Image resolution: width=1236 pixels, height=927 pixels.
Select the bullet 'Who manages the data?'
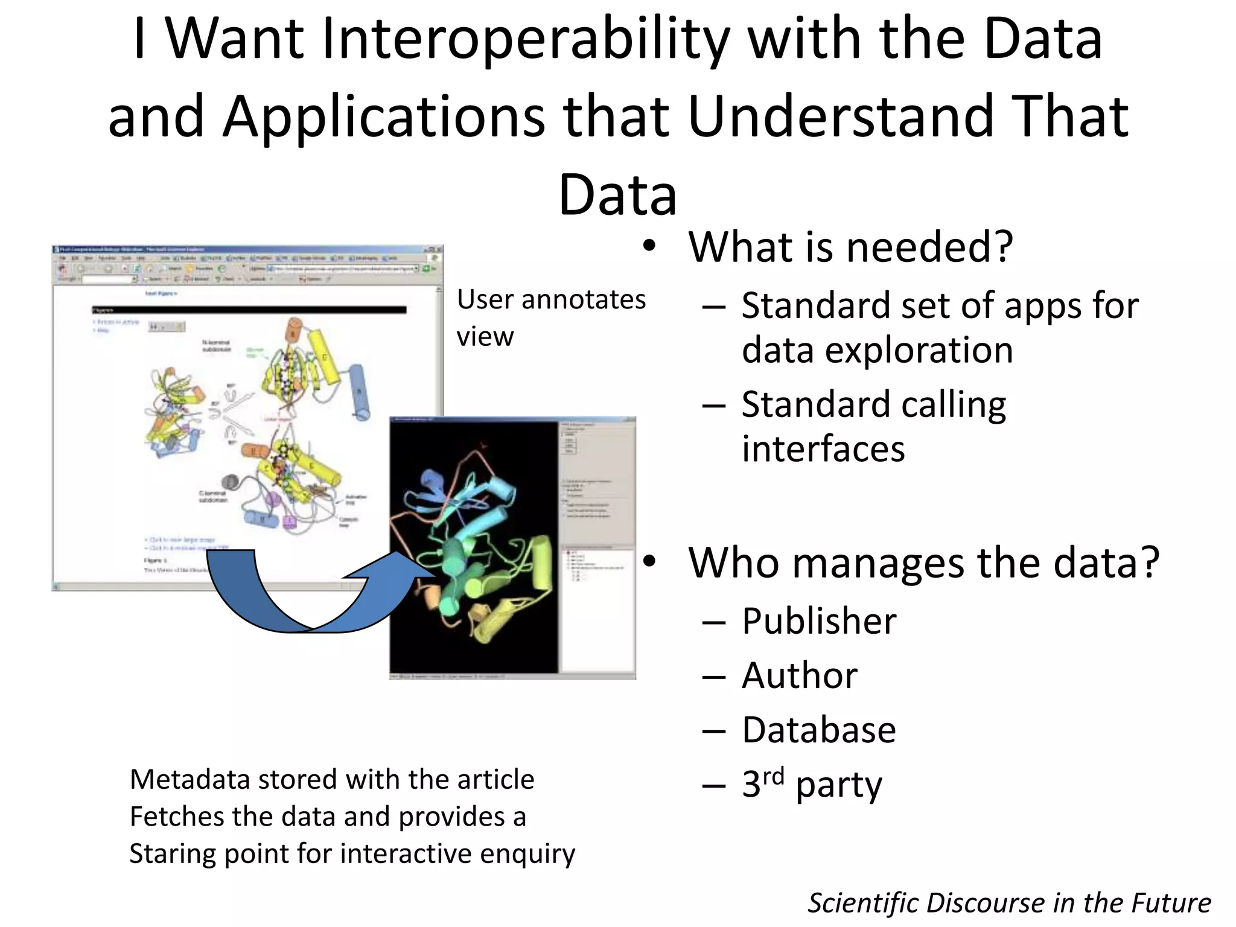point(923,562)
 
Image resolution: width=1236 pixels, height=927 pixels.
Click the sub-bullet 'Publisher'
point(818,621)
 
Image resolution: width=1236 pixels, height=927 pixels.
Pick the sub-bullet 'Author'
point(799,675)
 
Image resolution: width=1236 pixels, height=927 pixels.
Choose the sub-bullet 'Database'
point(818,730)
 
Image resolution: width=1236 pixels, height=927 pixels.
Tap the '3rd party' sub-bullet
point(811,785)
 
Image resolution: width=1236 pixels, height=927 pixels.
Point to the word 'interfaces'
point(823,449)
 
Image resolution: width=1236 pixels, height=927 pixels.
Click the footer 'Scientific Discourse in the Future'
point(1009,903)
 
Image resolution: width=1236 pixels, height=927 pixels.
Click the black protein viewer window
point(474,546)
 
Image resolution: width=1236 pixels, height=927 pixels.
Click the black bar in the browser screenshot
point(249,310)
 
